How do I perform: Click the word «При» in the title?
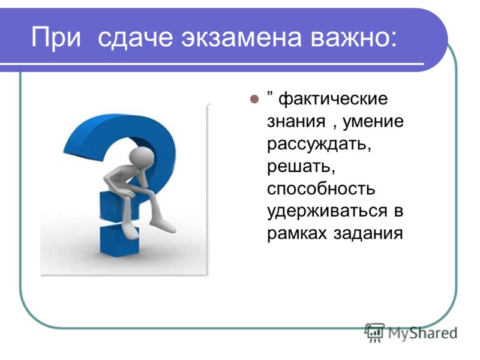(x=56, y=38)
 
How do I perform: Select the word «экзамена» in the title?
(x=242, y=38)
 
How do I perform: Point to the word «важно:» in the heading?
(x=353, y=38)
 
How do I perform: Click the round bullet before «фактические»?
(x=254, y=99)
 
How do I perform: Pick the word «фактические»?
(x=333, y=99)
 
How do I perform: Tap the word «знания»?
(x=296, y=122)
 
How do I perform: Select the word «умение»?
(x=373, y=122)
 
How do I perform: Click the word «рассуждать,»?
(x=319, y=144)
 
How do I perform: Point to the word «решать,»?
(x=301, y=167)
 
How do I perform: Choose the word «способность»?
(x=321, y=188)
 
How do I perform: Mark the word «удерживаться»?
(x=327, y=211)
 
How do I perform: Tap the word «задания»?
(x=368, y=234)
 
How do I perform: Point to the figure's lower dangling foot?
(x=130, y=232)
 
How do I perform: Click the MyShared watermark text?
(x=422, y=333)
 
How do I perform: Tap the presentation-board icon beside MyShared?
(x=374, y=332)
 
